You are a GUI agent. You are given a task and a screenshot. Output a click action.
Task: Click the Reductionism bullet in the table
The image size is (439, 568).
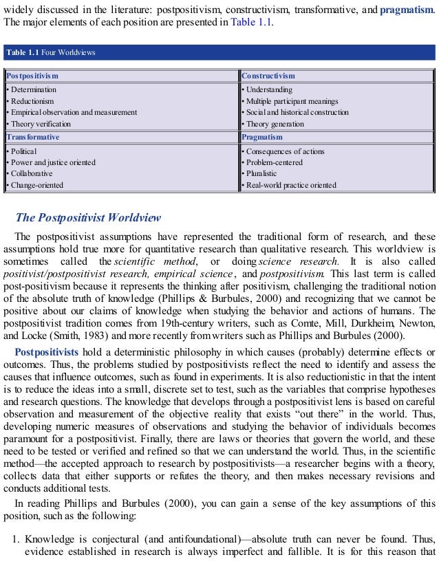30,101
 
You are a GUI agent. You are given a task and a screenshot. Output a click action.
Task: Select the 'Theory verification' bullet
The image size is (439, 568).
39,124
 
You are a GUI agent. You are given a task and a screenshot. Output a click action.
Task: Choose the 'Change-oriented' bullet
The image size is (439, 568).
35,185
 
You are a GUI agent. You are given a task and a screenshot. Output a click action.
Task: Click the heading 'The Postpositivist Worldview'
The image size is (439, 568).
88,218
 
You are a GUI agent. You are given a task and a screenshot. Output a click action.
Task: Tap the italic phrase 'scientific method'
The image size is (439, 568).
145,262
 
